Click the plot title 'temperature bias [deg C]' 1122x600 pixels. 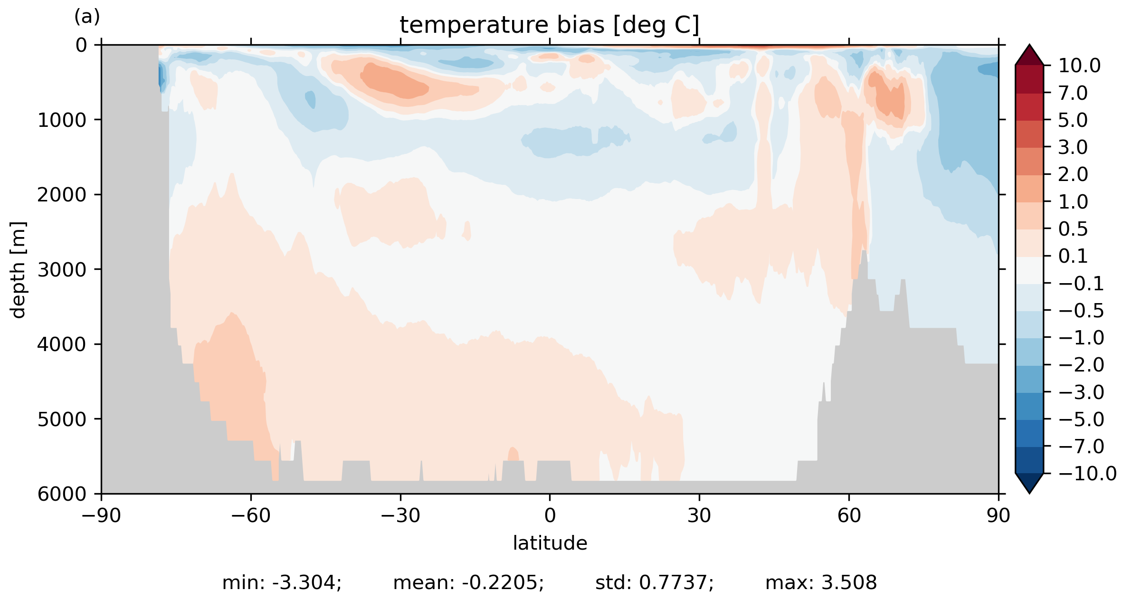549,25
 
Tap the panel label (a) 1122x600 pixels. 87,17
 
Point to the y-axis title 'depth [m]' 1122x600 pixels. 18,269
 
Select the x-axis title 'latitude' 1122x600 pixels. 550,543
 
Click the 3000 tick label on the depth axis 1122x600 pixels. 62,270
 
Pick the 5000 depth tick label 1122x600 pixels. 62,419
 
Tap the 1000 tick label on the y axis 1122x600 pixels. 62,120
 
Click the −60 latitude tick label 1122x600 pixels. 250,515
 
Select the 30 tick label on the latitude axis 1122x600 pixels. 699,515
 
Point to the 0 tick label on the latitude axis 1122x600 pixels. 550,515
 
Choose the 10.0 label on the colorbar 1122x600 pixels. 1079,66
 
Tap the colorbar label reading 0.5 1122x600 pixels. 1073,229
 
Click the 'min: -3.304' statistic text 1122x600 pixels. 282,583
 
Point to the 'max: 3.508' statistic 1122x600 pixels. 821,583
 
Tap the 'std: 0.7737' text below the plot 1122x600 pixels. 654,583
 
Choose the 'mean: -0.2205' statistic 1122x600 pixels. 468,583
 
